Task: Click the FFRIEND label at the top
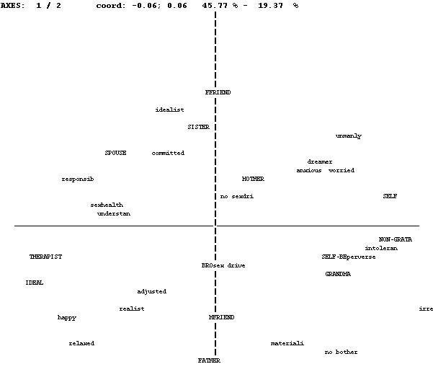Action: (x=218, y=92)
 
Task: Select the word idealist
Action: (x=169, y=110)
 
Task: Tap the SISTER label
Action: (x=198, y=127)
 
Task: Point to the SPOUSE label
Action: (x=115, y=153)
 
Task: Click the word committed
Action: (x=168, y=153)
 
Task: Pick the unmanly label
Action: (x=349, y=136)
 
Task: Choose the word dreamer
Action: (x=320, y=161)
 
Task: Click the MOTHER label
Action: (x=253, y=179)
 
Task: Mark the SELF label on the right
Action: (x=390, y=196)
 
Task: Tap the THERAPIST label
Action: (x=45, y=257)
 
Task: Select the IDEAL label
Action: (x=34, y=283)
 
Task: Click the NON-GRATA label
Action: (x=396, y=239)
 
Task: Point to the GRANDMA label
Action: (x=338, y=274)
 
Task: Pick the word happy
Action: (x=67, y=317)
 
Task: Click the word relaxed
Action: (x=81, y=343)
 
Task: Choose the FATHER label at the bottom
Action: (x=209, y=360)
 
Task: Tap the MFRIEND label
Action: (x=221, y=317)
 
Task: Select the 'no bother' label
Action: (x=341, y=352)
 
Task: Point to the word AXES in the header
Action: (x=13, y=5)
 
